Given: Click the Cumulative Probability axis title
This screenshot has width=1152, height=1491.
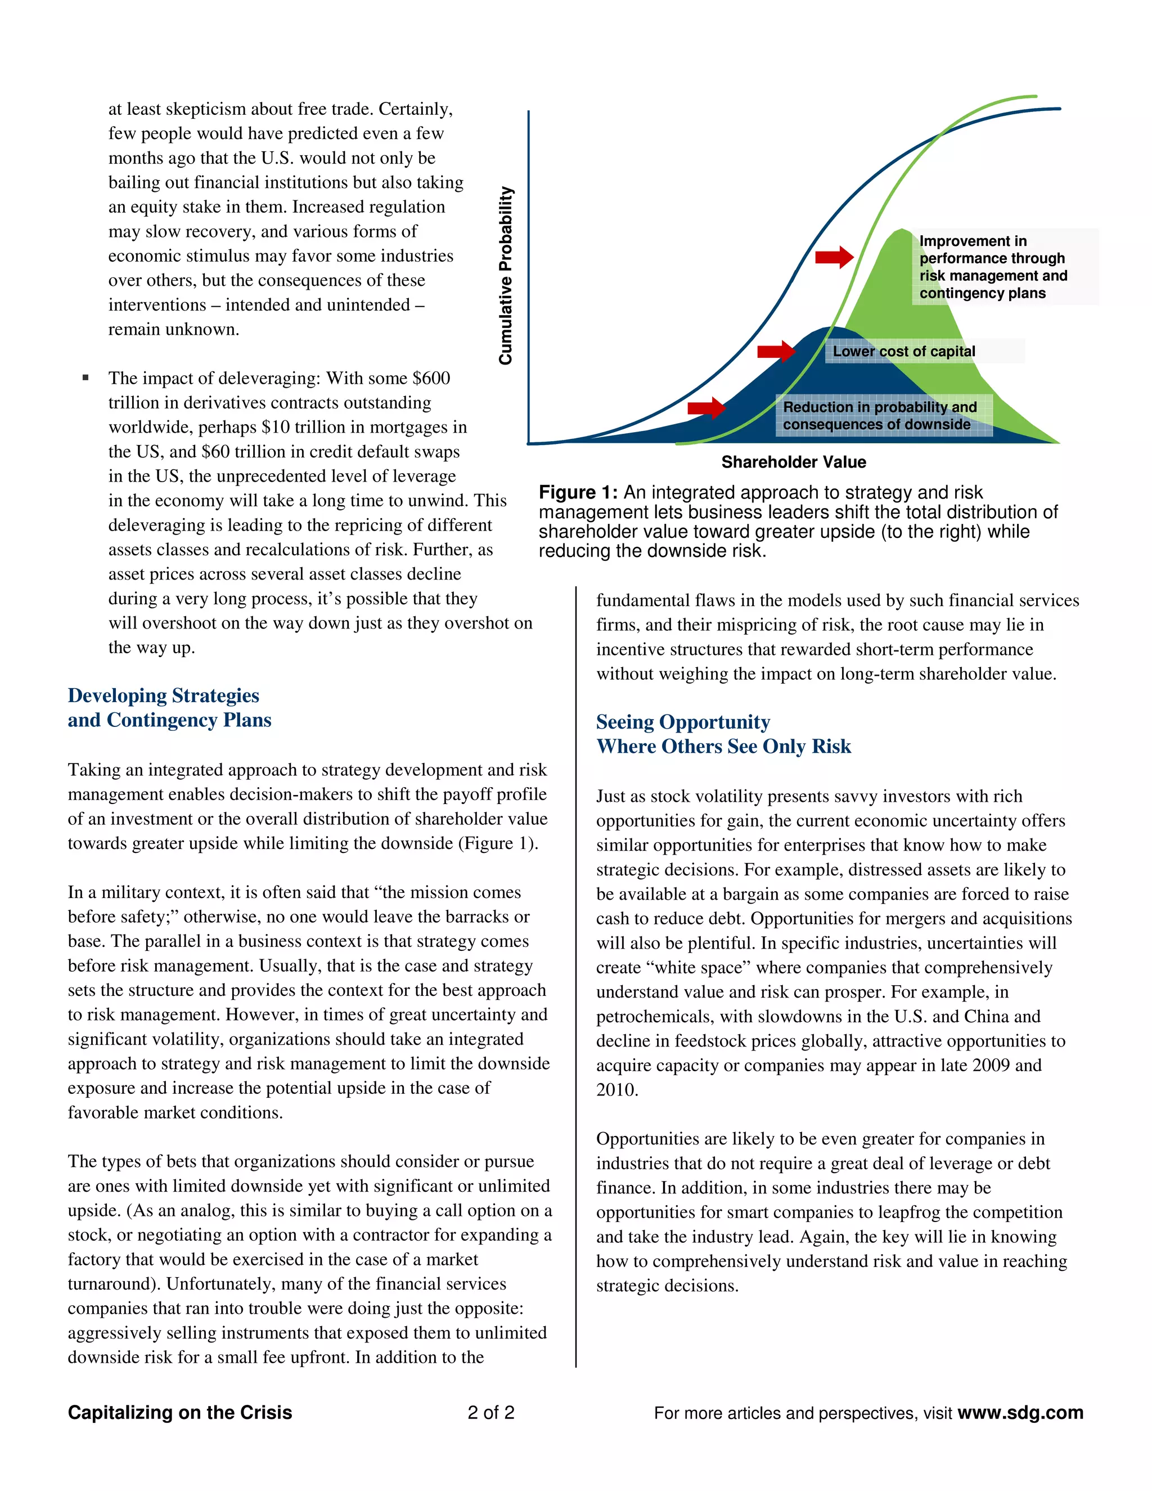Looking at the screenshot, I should (x=505, y=275).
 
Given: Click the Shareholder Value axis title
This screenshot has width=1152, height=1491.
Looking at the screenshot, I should (x=793, y=462).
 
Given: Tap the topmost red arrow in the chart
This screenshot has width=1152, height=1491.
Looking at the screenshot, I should (x=834, y=257).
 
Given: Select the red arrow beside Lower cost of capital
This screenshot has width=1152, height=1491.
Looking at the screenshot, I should (x=776, y=352).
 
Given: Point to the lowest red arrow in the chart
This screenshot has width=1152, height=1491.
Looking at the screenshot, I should (x=706, y=407).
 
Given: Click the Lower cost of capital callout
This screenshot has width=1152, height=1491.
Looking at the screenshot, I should (x=903, y=352).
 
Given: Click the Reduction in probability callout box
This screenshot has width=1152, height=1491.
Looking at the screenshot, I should (x=880, y=415).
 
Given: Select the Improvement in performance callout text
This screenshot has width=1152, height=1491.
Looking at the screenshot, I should (x=992, y=267).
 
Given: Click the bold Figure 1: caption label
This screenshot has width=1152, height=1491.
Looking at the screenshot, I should (x=577, y=492).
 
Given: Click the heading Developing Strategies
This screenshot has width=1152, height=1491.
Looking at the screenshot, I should (x=163, y=695).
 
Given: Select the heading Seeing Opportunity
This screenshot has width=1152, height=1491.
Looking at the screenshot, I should (x=682, y=722).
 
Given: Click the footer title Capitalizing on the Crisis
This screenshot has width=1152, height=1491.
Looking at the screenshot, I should (x=179, y=1412).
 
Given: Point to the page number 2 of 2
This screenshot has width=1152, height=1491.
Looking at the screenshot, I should (x=490, y=1412).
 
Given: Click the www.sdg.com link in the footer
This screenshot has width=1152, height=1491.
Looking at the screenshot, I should (x=1020, y=1412).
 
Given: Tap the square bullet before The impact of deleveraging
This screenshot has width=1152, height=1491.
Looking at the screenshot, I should (x=85, y=378).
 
